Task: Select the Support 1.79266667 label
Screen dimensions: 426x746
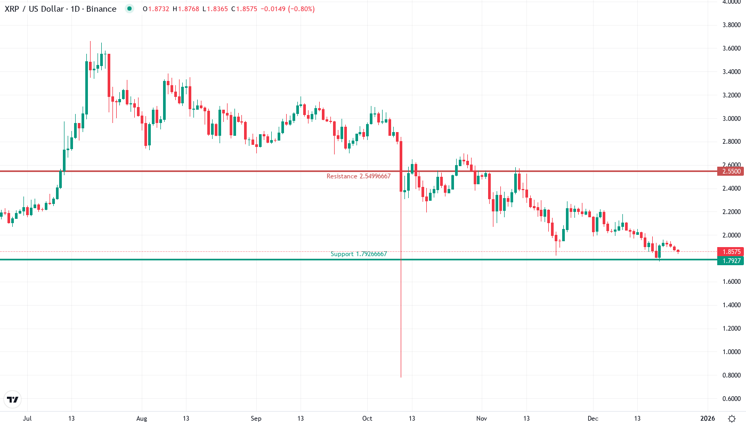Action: point(359,254)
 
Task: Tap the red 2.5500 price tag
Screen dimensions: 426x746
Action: point(729,171)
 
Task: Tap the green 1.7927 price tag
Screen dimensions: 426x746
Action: point(729,260)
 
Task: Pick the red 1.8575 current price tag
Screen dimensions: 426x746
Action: point(729,251)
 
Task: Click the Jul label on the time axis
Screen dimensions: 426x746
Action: point(27,419)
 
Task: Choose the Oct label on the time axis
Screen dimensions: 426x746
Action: point(367,419)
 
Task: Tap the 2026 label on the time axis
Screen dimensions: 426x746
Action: point(707,419)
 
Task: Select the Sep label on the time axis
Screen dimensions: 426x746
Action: point(256,419)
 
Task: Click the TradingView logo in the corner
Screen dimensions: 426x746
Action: point(13,399)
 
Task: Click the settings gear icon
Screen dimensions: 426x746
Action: point(732,419)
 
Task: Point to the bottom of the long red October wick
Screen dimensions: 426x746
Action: point(401,377)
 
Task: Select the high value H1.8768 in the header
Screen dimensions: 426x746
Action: point(186,9)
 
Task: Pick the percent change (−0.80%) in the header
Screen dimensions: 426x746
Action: point(302,9)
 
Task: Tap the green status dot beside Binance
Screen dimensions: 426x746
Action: point(129,9)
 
